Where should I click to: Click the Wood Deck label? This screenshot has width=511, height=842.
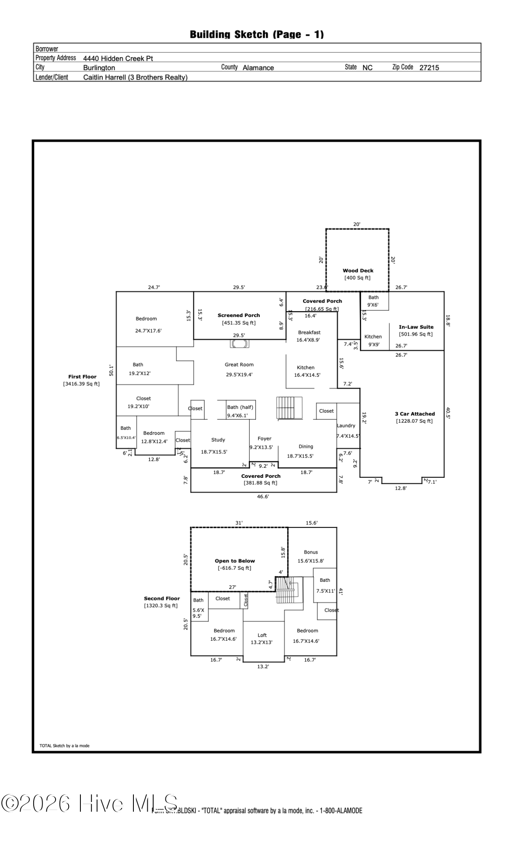(358, 271)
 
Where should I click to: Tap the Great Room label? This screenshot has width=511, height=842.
(239, 365)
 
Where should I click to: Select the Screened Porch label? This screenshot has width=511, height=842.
(239, 315)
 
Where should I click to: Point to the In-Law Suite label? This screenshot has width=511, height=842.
(416, 327)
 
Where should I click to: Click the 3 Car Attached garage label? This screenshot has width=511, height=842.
(415, 414)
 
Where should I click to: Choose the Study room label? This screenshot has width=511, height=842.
(218, 440)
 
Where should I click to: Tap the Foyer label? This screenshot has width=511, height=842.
(264, 439)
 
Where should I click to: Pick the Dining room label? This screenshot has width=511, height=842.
(306, 447)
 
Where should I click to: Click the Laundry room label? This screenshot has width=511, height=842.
(346, 426)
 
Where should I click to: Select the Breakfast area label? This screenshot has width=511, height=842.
(309, 333)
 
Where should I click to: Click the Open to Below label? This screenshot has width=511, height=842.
(235, 561)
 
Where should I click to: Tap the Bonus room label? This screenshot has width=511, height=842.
(311, 552)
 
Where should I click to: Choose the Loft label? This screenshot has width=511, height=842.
(262, 635)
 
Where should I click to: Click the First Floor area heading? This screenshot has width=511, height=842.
(83, 377)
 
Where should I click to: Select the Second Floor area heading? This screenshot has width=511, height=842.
(162, 598)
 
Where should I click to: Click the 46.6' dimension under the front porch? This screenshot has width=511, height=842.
(263, 497)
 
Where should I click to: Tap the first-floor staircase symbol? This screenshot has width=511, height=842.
(290, 408)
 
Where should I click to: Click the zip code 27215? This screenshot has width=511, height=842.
(429, 68)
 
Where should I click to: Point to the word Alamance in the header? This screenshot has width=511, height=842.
(258, 68)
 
